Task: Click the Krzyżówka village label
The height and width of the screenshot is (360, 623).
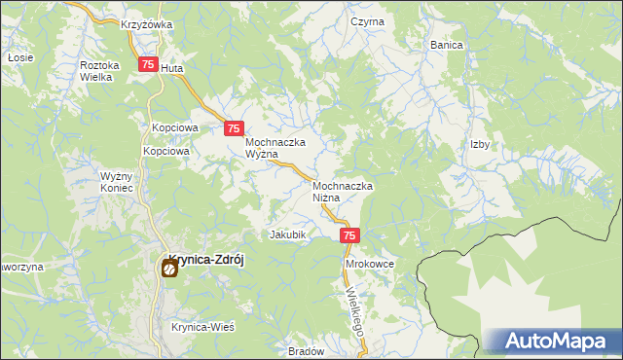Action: [147, 24]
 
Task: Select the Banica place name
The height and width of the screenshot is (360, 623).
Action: [446, 45]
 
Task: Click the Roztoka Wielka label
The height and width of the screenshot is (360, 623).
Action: [99, 71]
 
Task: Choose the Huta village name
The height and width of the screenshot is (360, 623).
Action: [171, 69]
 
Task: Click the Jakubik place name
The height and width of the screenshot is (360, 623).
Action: [288, 234]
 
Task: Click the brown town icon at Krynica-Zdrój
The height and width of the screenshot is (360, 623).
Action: [168, 270]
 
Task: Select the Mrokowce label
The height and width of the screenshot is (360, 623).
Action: [368, 264]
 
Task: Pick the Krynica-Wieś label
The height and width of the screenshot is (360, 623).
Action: [203, 328]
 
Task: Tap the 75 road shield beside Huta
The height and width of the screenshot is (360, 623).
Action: [148, 65]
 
